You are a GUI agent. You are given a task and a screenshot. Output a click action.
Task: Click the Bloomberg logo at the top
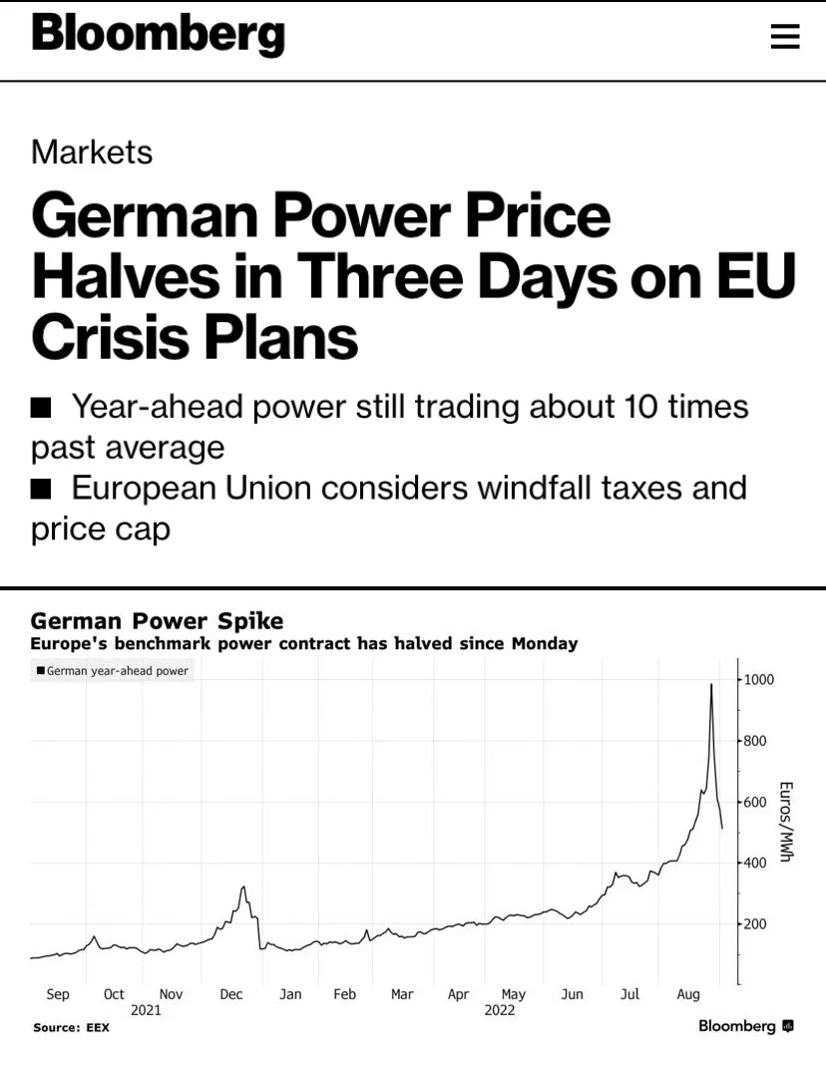tap(158, 34)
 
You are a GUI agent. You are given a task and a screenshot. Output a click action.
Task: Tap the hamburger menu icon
tap(784, 36)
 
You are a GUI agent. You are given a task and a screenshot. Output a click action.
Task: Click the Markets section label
tap(92, 152)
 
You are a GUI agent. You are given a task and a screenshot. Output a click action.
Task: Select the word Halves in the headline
tap(126, 276)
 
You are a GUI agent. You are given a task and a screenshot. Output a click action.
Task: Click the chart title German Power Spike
tap(157, 620)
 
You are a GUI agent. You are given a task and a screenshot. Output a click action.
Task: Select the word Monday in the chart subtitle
tap(545, 643)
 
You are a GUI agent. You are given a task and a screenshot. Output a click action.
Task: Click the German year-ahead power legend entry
tap(112, 670)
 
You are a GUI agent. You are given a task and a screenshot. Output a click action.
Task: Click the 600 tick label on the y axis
tap(754, 802)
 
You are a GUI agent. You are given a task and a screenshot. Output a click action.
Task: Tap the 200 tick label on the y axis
tap(754, 924)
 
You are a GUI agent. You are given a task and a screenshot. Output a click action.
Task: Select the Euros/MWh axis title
tap(785, 822)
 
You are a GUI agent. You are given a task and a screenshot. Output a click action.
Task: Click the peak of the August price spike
tap(711, 684)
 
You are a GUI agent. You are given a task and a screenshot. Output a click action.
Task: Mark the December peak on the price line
tap(243, 887)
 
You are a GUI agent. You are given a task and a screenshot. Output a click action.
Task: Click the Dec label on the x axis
tap(231, 994)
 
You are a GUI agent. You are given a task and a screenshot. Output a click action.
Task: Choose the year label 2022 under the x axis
tap(500, 1010)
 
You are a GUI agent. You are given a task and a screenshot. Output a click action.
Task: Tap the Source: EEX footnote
tap(72, 1027)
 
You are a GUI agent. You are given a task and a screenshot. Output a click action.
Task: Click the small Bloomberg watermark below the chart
tap(746, 1026)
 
